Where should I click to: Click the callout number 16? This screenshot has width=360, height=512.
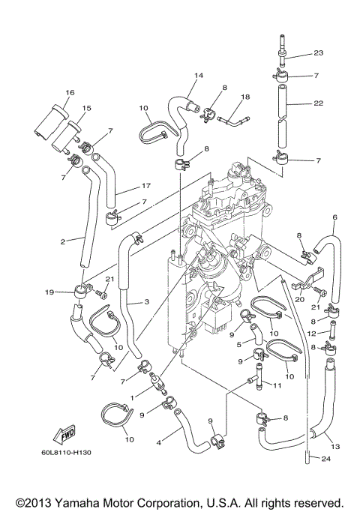point(69,92)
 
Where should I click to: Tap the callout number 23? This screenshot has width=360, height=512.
point(318,53)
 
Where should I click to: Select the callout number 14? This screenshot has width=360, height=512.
point(199,76)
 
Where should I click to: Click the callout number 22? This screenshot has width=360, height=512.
point(318,104)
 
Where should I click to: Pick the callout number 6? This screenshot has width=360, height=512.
point(334,217)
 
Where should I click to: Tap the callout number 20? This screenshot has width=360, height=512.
point(300,298)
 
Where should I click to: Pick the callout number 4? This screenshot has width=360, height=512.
point(158,442)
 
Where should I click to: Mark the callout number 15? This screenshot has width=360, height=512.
point(85,109)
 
